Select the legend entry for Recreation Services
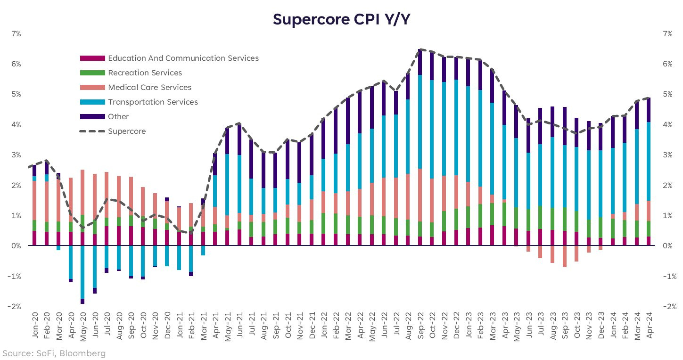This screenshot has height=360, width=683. pyautogui.click(x=145, y=73)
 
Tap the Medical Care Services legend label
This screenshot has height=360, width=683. pyautogui.click(x=149, y=88)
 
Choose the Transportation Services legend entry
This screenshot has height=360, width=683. pyautogui.click(x=153, y=102)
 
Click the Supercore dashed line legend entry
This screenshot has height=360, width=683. pyautogui.click(x=127, y=131)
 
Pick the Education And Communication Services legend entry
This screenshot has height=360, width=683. pyautogui.click(x=183, y=58)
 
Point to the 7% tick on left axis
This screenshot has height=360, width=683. pyautogui.click(x=16, y=34)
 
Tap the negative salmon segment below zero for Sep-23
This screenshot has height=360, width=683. pyautogui.click(x=564, y=256)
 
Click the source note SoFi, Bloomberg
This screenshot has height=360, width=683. pyautogui.click(x=54, y=353)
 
